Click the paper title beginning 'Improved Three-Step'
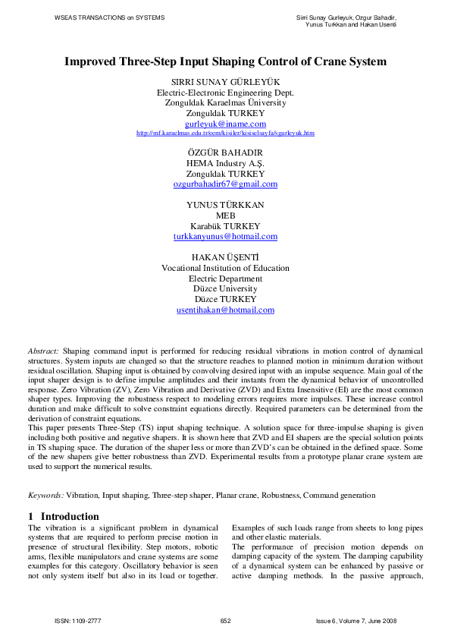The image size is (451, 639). coord(225,61)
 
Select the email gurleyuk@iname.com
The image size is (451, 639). coord(225,123)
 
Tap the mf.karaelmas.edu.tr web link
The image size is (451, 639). coord(225,133)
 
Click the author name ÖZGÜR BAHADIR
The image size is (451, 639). coord(225,153)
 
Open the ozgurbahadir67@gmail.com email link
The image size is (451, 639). coord(225,184)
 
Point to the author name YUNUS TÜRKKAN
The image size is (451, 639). coord(225,205)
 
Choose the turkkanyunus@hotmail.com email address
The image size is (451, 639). coord(225,237)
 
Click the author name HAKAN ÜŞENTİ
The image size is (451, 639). coord(225,257)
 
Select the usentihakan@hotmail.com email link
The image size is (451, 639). coord(225,310)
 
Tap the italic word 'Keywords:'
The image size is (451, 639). coord(45,495)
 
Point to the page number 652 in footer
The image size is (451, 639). coord(225,621)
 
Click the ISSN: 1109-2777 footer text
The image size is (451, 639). coord(78,621)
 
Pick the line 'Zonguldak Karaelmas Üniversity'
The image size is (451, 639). coord(225,102)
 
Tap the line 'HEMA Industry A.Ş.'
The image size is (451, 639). coord(225,163)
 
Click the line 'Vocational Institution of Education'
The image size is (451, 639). coord(225,268)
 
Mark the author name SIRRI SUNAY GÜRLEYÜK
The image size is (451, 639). coord(225,82)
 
